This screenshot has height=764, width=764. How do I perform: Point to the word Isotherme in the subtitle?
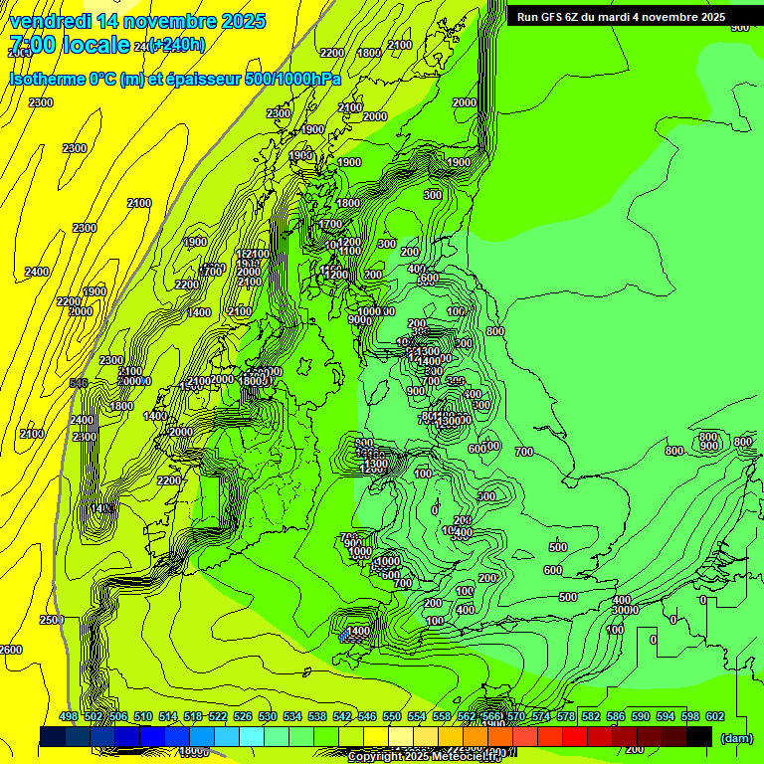point(48,79)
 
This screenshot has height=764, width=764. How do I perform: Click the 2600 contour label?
point(10,650)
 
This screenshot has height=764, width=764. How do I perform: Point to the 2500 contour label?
point(52,620)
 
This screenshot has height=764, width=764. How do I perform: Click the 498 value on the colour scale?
point(69,716)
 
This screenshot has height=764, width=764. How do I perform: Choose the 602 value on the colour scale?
point(715,716)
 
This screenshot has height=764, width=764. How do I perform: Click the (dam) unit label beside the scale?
point(737,737)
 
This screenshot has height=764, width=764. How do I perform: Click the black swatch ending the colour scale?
point(699,736)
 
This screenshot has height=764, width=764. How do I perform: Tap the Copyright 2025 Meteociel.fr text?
point(426,757)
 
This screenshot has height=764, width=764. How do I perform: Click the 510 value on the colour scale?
point(143,716)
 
